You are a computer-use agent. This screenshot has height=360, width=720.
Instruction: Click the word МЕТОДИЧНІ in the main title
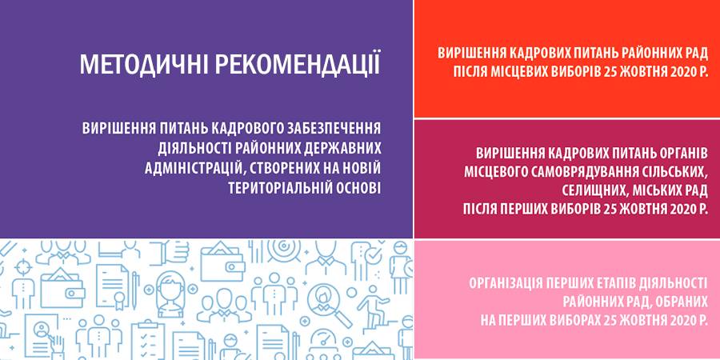coord(143,64)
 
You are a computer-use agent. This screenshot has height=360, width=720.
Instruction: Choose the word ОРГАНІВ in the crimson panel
coord(679,154)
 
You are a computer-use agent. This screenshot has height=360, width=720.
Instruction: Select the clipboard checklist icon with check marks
coord(148,341)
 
